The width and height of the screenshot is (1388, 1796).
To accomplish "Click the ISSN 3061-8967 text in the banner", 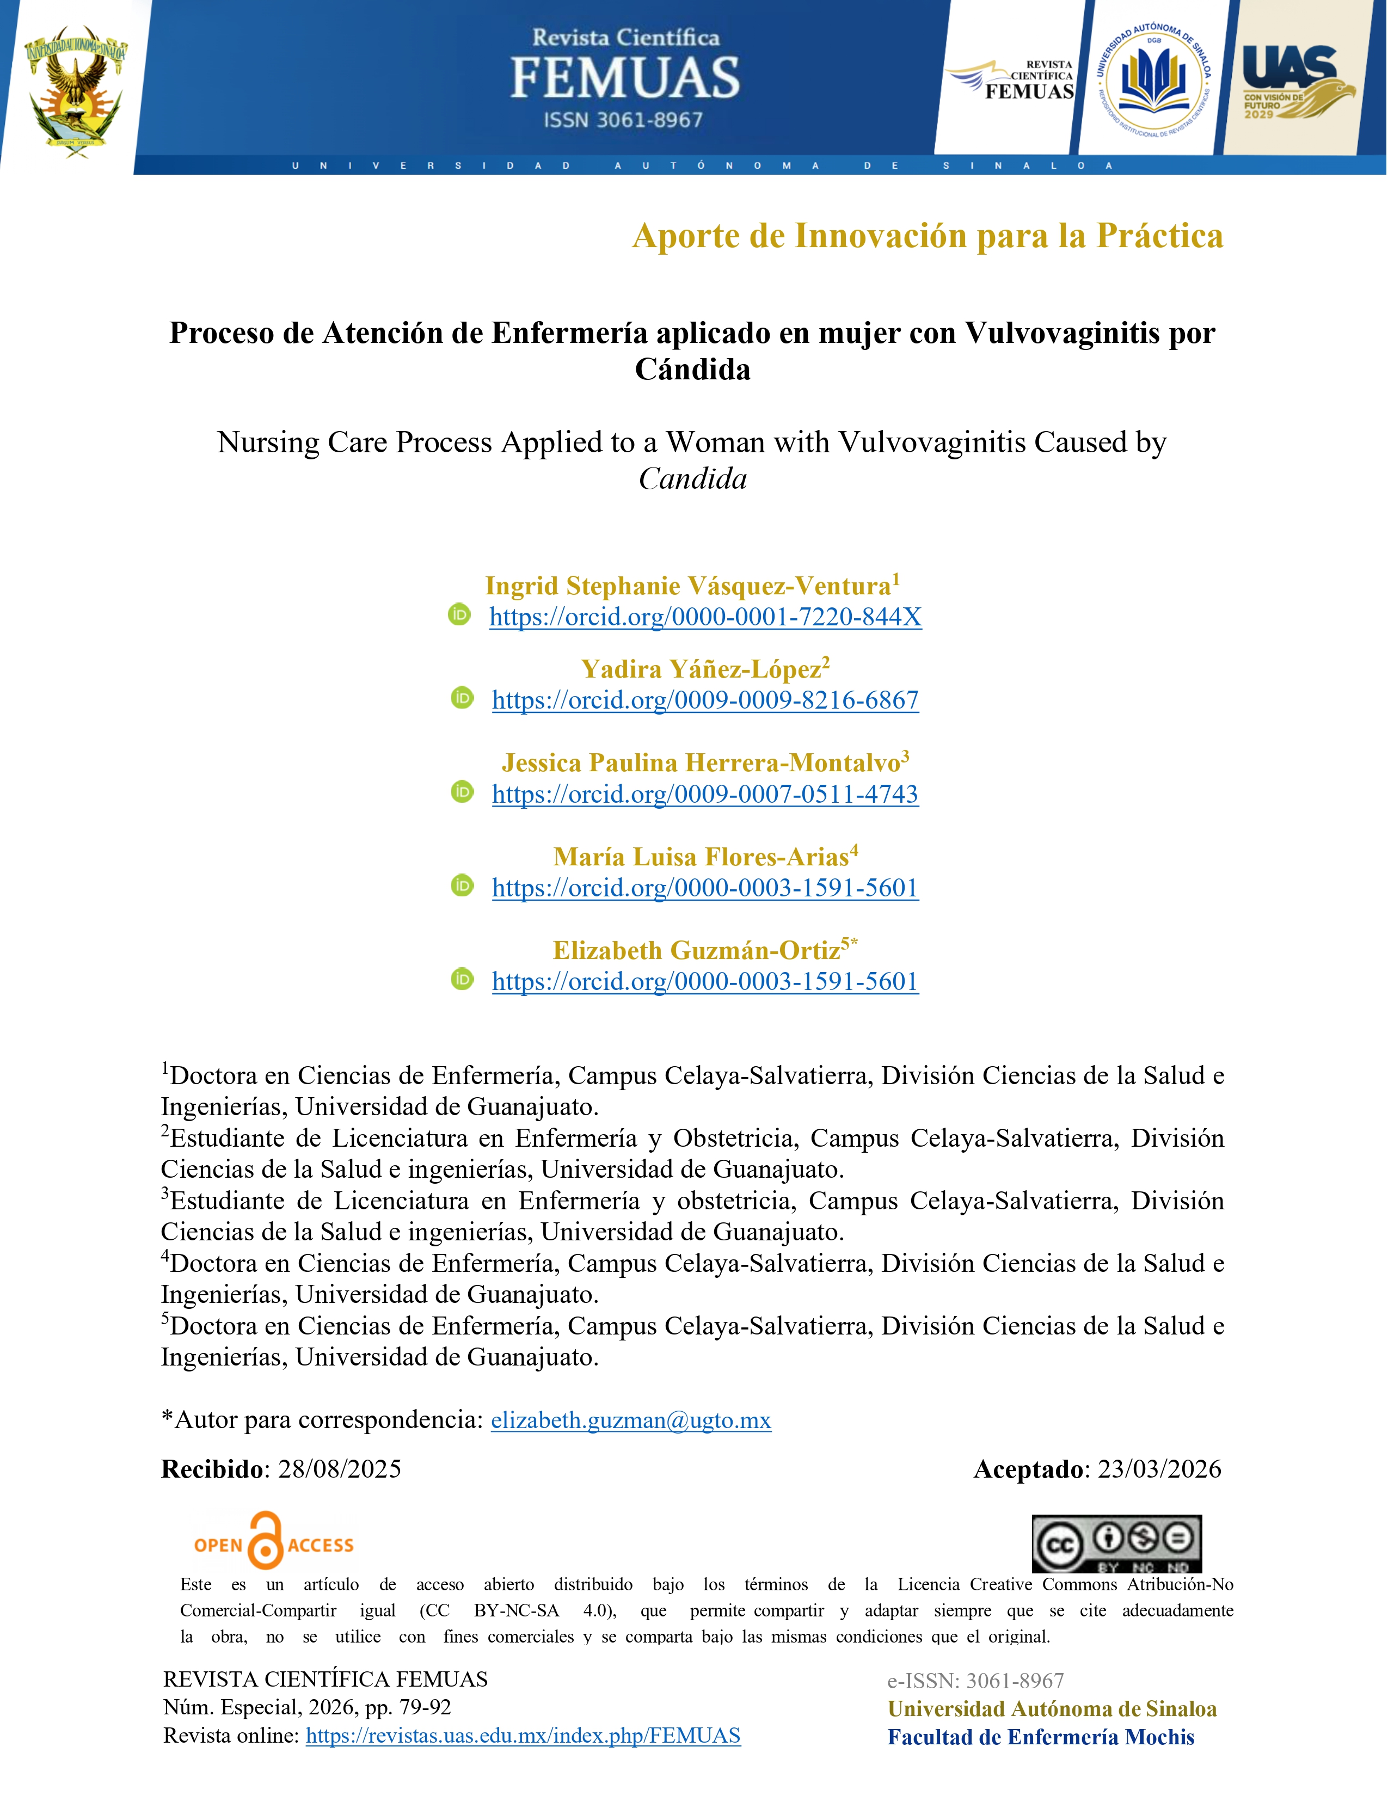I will [623, 120].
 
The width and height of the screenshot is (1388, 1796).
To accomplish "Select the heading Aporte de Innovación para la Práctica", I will [927, 236].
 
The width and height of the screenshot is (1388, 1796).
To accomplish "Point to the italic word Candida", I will [692, 478].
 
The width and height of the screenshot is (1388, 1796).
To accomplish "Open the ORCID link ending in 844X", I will [705, 617].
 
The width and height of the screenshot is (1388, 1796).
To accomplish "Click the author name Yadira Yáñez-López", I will [701, 669].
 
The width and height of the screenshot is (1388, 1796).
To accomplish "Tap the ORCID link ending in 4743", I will [705, 795].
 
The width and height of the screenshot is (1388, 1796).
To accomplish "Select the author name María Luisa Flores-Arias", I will [701, 857].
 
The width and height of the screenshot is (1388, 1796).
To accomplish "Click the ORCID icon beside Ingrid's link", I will [459, 614].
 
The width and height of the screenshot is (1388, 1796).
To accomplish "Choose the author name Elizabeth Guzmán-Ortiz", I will [697, 951].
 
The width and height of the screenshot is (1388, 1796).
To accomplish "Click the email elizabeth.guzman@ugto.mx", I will [631, 1420].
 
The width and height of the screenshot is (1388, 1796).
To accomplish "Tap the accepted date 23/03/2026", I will [1159, 1469].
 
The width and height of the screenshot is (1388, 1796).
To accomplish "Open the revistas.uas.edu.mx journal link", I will [523, 1736].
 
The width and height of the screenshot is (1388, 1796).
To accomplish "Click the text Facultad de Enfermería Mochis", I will [1040, 1738].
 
